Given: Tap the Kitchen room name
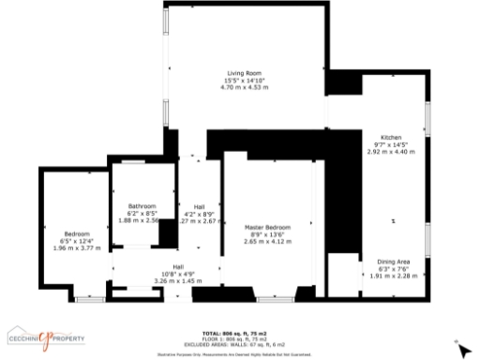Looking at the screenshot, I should tap(390, 137).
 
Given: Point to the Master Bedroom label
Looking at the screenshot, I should tap(267, 227).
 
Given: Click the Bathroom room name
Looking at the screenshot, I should tap(142, 206).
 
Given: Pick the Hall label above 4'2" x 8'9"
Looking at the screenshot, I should tap(200, 206).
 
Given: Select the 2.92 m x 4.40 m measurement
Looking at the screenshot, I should tap(390, 151).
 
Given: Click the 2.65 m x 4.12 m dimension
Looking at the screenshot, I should tap(267, 241).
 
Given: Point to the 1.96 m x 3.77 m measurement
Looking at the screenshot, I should tap(77, 248).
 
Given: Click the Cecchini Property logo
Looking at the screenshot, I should tap(47, 337).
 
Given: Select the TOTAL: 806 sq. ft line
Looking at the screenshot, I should tap(234, 334).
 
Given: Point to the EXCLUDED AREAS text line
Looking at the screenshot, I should tap(234, 345).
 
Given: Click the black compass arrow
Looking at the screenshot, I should tap(464, 351).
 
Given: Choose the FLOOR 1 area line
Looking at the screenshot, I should tap(234, 339).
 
